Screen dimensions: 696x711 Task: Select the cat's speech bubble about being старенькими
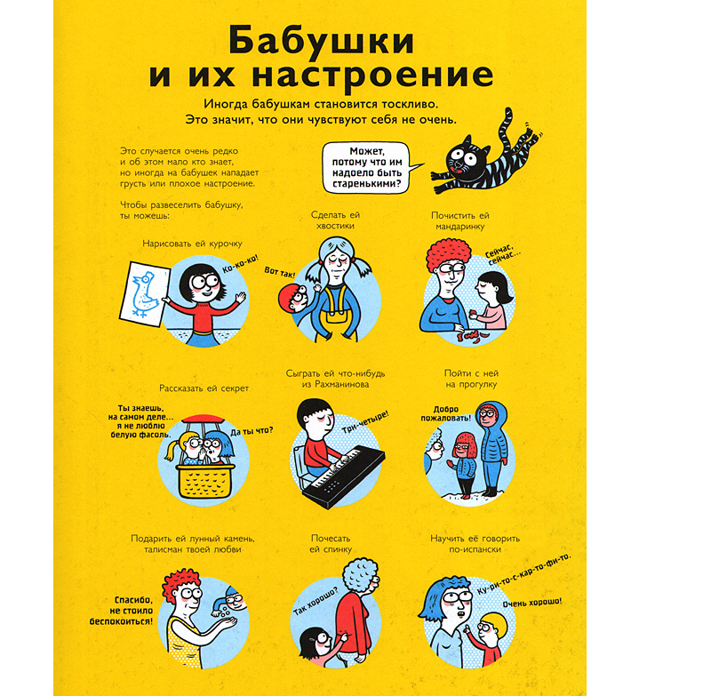pyautogui.click(x=364, y=169)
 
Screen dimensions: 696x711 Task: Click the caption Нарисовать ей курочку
pyautogui.click(x=192, y=243)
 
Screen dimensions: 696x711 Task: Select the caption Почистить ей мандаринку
pyautogui.click(x=460, y=221)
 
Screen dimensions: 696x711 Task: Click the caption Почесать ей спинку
pyautogui.click(x=336, y=544)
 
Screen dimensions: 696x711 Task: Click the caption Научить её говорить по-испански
pyautogui.click(x=475, y=544)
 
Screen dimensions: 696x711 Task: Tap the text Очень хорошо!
pyautogui.click(x=531, y=606)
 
